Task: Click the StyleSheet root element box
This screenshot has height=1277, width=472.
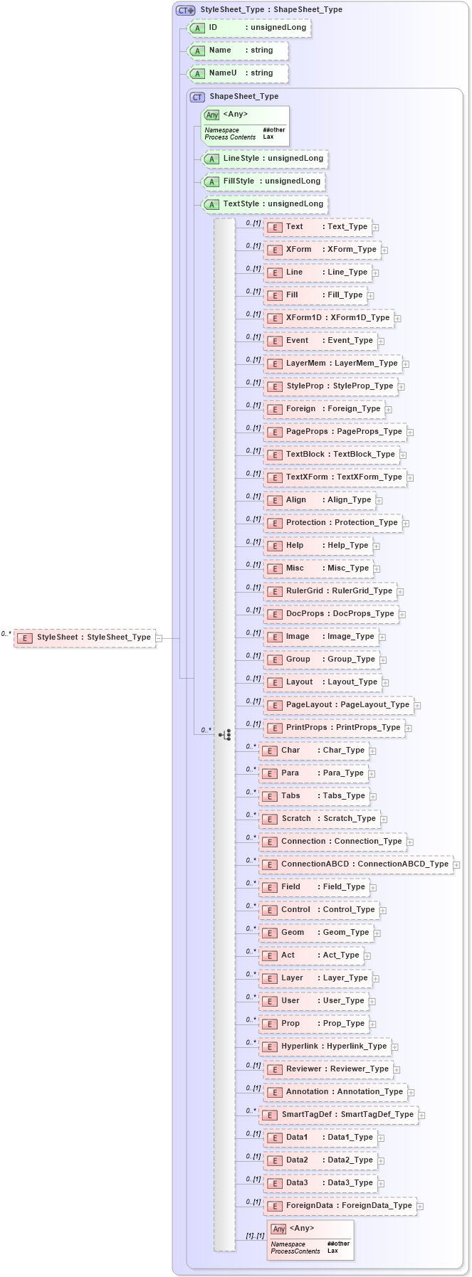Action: point(85,637)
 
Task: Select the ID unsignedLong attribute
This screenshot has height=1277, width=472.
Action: point(248,28)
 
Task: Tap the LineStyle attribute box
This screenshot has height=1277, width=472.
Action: point(264,159)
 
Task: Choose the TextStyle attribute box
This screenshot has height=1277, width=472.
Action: point(264,204)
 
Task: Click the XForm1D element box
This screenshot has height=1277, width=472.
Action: point(329,318)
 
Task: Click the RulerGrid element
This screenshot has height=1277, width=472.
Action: point(330,591)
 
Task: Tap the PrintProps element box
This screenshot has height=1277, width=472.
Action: point(334,728)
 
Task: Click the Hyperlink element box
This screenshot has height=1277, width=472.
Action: point(325,1046)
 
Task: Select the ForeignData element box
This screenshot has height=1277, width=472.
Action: point(340,1206)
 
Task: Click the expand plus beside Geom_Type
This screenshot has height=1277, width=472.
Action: point(377,933)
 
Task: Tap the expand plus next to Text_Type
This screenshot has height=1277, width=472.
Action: point(376,228)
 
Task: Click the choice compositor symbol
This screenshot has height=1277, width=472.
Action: point(225,735)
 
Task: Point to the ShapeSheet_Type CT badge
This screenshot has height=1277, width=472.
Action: point(197,97)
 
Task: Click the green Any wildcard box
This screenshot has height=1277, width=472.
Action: point(246,125)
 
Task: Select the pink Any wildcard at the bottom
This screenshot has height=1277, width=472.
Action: point(310,1240)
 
